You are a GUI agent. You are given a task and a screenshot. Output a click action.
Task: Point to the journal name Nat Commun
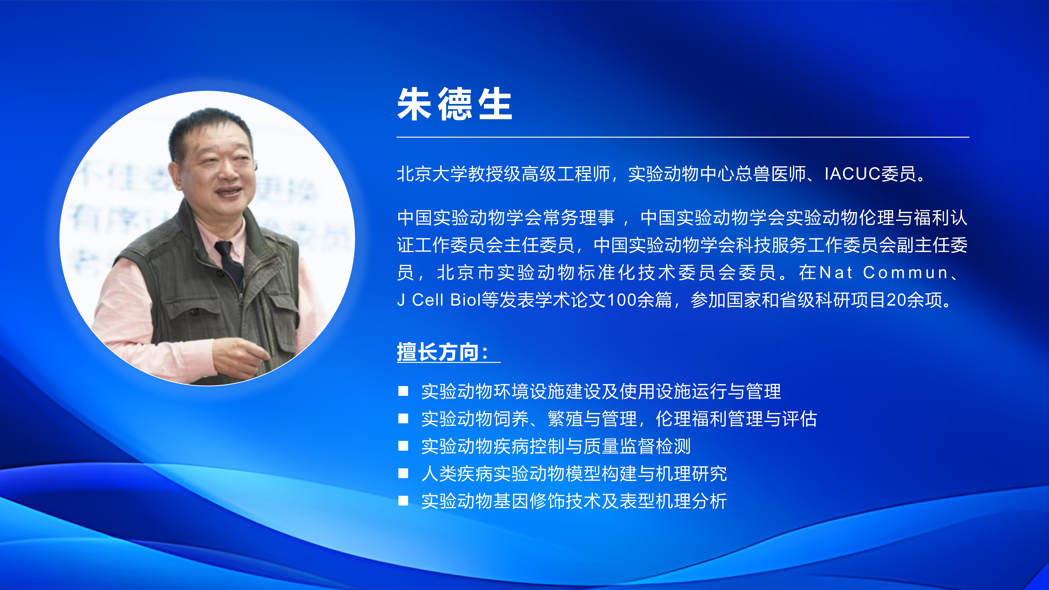click(884, 272)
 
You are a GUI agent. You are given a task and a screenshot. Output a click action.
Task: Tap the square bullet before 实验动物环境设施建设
click(403, 391)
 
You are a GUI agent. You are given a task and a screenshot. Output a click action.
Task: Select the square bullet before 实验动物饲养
click(403, 419)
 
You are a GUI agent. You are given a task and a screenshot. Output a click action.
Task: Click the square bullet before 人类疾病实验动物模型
click(403, 474)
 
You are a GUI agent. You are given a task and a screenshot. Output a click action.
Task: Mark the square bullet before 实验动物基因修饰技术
click(403, 501)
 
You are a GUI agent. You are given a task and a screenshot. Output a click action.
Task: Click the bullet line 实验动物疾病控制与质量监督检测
click(556, 446)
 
